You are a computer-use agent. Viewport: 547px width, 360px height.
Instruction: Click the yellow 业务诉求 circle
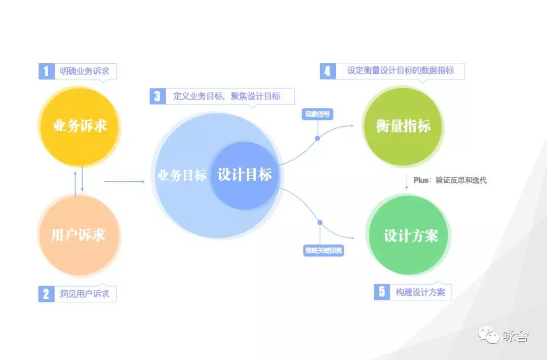(x=79, y=127)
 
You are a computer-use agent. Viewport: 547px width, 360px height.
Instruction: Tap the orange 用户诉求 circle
(x=79, y=235)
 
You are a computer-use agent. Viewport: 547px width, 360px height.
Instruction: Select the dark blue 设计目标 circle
(x=244, y=176)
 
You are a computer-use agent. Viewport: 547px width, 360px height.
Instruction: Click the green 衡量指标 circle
(x=403, y=126)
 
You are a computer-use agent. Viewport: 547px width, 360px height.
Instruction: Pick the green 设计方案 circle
(x=408, y=235)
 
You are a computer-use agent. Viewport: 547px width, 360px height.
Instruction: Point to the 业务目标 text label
(x=181, y=175)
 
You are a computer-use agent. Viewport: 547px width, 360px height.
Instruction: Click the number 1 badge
(x=47, y=71)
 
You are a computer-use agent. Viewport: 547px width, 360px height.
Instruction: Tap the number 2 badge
(x=47, y=294)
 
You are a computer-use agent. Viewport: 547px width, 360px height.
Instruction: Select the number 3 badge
(x=158, y=96)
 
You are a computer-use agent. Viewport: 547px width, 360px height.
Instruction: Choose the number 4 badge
(x=328, y=71)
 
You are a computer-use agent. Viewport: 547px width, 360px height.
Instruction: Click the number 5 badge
(x=382, y=292)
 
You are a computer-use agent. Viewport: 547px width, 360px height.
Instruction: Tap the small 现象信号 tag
(x=317, y=114)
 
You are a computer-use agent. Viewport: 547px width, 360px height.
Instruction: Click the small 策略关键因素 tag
(x=324, y=251)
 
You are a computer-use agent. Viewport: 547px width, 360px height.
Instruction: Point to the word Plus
(x=421, y=180)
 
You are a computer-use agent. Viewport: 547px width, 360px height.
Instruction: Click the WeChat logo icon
(x=488, y=335)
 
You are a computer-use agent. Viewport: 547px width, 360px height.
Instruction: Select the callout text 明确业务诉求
(x=85, y=71)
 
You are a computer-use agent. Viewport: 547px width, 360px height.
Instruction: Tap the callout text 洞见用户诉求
(x=85, y=294)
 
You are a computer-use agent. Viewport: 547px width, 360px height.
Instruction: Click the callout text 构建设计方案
(x=420, y=292)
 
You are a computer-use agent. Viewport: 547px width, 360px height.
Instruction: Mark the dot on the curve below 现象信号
(x=318, y=139)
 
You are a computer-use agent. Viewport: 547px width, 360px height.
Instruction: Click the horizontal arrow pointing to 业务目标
(x=125, y=181)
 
